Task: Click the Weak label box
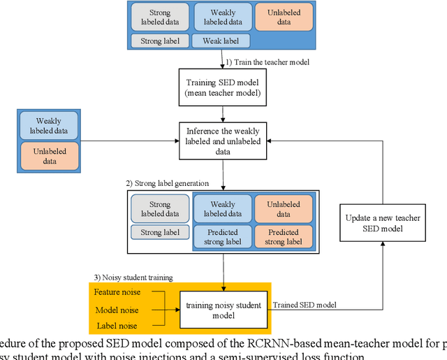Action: click(221, 41)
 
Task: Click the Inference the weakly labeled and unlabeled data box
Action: click(223, 136)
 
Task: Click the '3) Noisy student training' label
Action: click(133, 278)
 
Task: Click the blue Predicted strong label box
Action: click(222, 237)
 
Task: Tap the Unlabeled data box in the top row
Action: click(284, 17)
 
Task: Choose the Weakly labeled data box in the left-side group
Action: click(50, 126)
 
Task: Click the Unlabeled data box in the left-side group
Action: click(50, 155)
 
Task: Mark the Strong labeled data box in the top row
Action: click(160, 17)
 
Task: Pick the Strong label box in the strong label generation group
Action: click(160, 232)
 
